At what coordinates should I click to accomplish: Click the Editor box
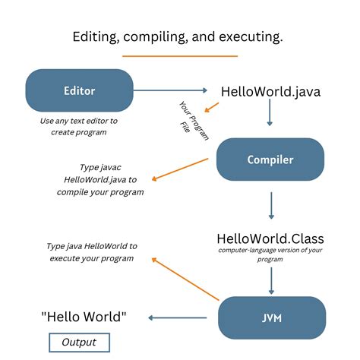click(79, 90)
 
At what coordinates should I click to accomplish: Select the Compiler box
click(270, 159)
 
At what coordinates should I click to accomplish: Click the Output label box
click(79, 342)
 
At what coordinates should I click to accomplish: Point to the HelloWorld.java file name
click(270, 92)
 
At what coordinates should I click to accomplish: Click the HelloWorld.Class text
click(271, 240)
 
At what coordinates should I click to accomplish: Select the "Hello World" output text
click(84, 317)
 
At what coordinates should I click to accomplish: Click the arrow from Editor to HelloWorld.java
click(172, 91)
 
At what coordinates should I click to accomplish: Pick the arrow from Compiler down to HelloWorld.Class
click(271, 205)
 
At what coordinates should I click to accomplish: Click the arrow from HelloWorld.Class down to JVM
click(271, 281)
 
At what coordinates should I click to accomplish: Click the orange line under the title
click(179, 55)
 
